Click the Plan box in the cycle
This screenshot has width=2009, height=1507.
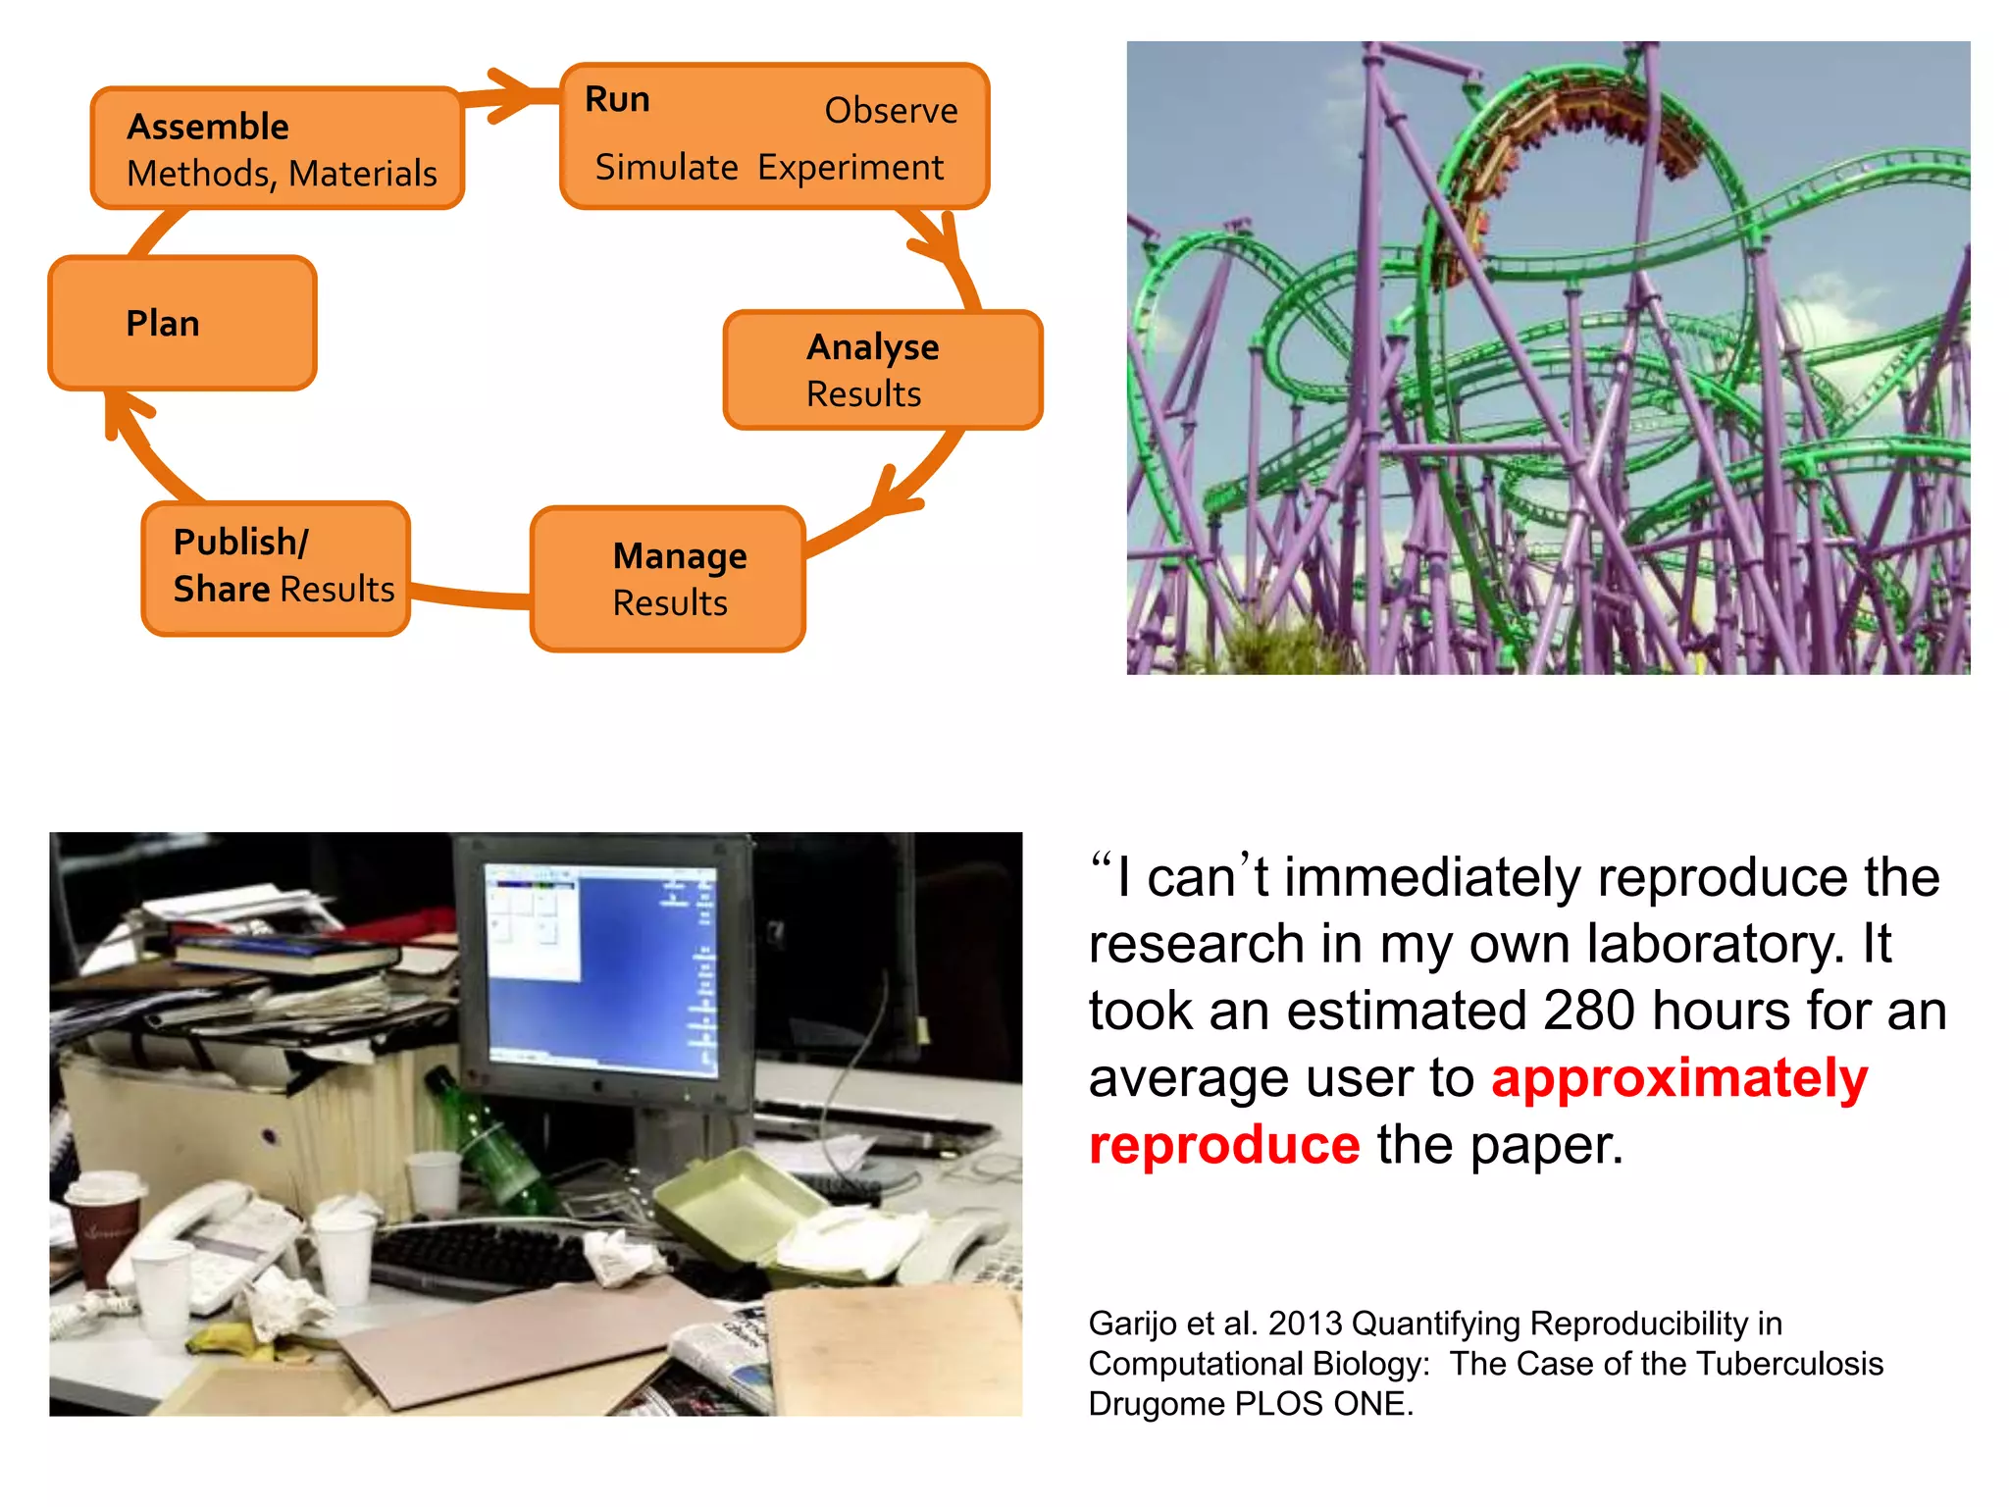182,324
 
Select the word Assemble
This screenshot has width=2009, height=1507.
208,127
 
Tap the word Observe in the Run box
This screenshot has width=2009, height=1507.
891,111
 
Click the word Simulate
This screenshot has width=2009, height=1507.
666,168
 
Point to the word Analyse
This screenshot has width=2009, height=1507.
872,347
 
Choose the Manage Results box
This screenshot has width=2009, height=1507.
668,579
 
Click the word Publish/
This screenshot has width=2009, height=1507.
240,542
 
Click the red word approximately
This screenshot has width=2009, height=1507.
1678,1078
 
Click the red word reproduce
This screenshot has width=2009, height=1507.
1224,1145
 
